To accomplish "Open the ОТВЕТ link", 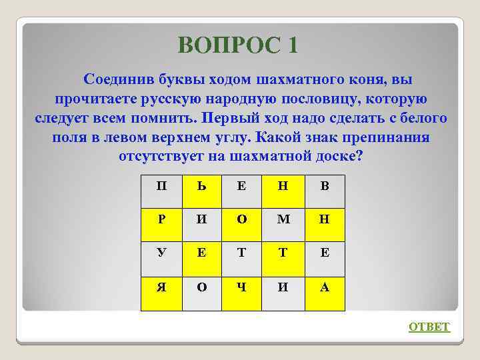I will click(x=429, y=327).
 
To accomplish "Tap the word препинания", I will click(x=381, y=138).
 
